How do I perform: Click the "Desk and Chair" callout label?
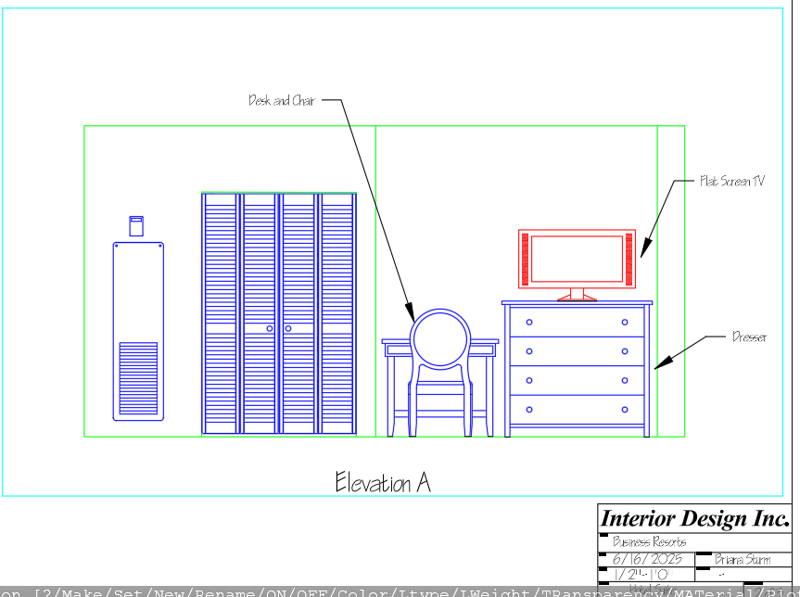pyautogui.click(x=282, y=100)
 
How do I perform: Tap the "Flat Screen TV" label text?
pyautogui.click(x=731, y=182)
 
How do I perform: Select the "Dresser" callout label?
pyautogui.click(x=749, y=337)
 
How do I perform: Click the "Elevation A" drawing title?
pyautogui.click(x=383, y=482)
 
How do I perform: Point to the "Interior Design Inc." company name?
pyautogui.click(x=694, y=518)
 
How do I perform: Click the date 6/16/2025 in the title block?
pyautogui.click(x=648, y=559)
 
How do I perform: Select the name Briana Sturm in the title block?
pyautogui.click(x=742, y=559)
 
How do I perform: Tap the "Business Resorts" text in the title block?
pyautogui.click(x=650, y=541)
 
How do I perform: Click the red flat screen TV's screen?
pyautogui.click(x=577, y=260)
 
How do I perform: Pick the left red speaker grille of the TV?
pyautogui.click(x=525, y=260)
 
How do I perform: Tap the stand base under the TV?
pyautogui.click(x=577, y=298)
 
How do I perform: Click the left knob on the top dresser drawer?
pyautogui.click(x=529, y=323)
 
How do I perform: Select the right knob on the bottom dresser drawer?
pyautogui.click(x=625, y=410)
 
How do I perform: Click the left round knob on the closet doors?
pyautogui.click(x=270, y=328)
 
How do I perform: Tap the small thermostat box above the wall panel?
pyautogui.click(x=136, y=225)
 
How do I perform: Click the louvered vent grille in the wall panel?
pyautogui.click(x=138, y=378)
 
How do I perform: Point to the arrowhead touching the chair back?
pyautogui.click(x=409, y=311)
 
